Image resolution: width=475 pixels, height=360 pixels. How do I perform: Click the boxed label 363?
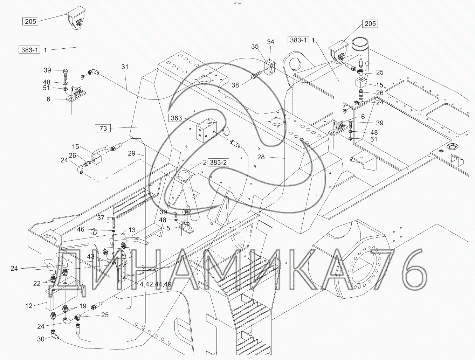pos(176,118)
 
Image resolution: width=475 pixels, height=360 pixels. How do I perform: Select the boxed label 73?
pos(103,129)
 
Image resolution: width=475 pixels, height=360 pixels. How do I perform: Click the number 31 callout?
pos(125,67)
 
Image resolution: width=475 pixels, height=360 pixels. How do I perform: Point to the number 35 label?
pos(255,46)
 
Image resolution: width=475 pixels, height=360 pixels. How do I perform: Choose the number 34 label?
pos(270,42)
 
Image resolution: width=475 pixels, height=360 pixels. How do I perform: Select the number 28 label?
pos(261,157)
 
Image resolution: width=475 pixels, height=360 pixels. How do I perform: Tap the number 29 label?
pos(131,153)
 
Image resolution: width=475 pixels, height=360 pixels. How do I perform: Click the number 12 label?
pos(29,306)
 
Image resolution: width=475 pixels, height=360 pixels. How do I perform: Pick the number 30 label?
pos(41,339)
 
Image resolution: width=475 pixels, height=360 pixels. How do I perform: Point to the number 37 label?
pos(101,218)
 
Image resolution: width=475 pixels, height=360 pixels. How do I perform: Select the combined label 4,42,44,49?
pos(156,284)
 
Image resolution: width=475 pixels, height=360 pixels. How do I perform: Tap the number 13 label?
pos(132,230)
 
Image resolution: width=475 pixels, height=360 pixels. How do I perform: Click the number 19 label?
pos(83,306)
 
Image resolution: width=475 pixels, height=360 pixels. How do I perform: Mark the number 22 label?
pos(37,283)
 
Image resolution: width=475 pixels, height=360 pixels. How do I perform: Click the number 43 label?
pos(91,257)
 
